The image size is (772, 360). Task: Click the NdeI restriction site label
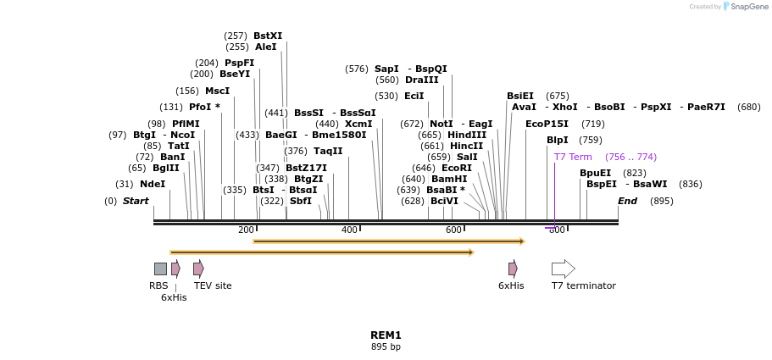(153, 184)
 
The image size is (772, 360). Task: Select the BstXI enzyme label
(268, 36)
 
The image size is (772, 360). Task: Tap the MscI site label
(217, 91)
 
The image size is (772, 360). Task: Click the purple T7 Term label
(573, 157)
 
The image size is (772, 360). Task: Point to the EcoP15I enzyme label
(547, 124)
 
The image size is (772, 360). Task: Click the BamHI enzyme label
(449, 179)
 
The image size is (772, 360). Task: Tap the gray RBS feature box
(160, 269)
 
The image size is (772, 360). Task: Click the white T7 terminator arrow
(563, 269)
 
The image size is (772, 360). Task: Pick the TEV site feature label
(213, 285)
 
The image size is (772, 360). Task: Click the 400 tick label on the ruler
(349, 230)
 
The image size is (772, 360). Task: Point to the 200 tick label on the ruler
(246, 230)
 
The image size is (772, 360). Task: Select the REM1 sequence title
(386, 335)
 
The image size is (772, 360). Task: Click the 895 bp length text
(386, 347)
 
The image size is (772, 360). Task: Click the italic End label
(627, 201)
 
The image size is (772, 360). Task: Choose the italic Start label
(136, 201)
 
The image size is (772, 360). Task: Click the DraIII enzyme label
(422, 80)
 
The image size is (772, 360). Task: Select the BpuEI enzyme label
(595, 173)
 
